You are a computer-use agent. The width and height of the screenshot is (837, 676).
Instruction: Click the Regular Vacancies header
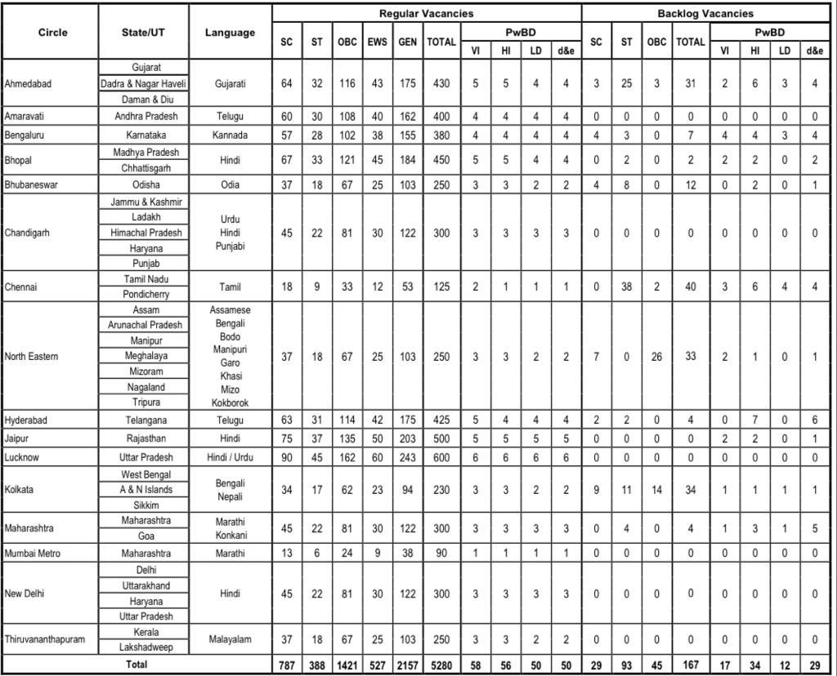click(426, 13)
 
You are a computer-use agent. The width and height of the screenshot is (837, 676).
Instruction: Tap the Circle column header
click(52, 33)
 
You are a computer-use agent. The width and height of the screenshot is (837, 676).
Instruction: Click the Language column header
click(230, 33)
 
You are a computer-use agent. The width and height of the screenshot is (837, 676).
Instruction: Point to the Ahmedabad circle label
click(29, 83)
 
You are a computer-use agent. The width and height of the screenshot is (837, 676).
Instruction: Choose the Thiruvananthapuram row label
click(44, 639)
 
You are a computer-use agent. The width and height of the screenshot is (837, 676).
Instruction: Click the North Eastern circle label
click(31, 356)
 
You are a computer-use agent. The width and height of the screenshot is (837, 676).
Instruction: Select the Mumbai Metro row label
click(32, 554)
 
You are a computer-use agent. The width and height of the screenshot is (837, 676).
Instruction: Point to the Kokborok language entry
click(230, 402)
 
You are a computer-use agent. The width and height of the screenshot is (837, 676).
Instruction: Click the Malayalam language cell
click(230, 639)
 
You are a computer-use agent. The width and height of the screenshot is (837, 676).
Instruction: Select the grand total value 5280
click(441, 665)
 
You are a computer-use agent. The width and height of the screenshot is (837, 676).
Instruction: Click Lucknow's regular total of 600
click(441, 457)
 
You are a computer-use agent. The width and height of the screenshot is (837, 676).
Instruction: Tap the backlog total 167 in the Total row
click(689, 665)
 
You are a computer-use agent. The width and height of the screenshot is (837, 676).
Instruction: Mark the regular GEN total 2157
click(406, 665)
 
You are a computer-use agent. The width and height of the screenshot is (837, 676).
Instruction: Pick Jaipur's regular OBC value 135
click(347, 438)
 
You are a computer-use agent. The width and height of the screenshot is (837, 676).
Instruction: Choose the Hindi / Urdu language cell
click(230, 457)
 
